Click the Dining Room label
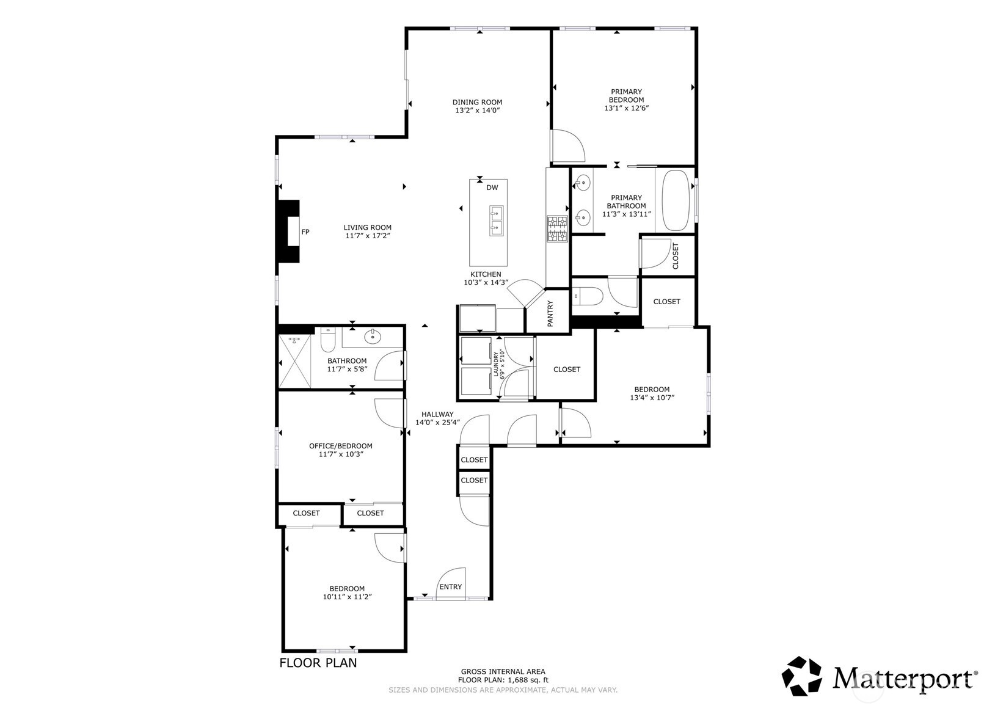[477, 103]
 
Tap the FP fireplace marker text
[305, 232]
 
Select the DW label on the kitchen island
[492, 188]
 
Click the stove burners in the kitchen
[557, 229]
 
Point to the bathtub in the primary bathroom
[676, 201]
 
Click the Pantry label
[550, 313]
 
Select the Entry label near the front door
[450, 586]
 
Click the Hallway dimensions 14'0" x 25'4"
[437, 423]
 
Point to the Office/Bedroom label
[340, 446]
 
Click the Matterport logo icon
[801, 676]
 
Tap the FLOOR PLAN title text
[318, 663]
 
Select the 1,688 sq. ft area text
[522, 680]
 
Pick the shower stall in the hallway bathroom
[294, 360]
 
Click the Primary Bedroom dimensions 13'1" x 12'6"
[627, 108]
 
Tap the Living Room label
[367, 228]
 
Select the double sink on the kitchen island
[496, 221]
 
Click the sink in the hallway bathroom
[373, 336]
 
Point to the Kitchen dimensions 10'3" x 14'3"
[486, 283]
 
